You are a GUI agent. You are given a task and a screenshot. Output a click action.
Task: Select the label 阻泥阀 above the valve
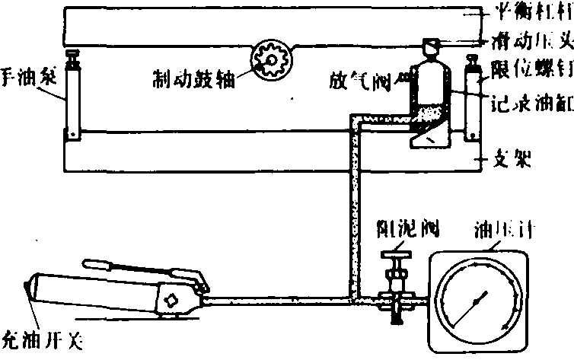(399, 227)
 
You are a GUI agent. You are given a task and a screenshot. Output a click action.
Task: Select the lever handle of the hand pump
(137, 266)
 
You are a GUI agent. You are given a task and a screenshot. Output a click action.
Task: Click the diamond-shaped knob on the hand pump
(174, 299)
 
